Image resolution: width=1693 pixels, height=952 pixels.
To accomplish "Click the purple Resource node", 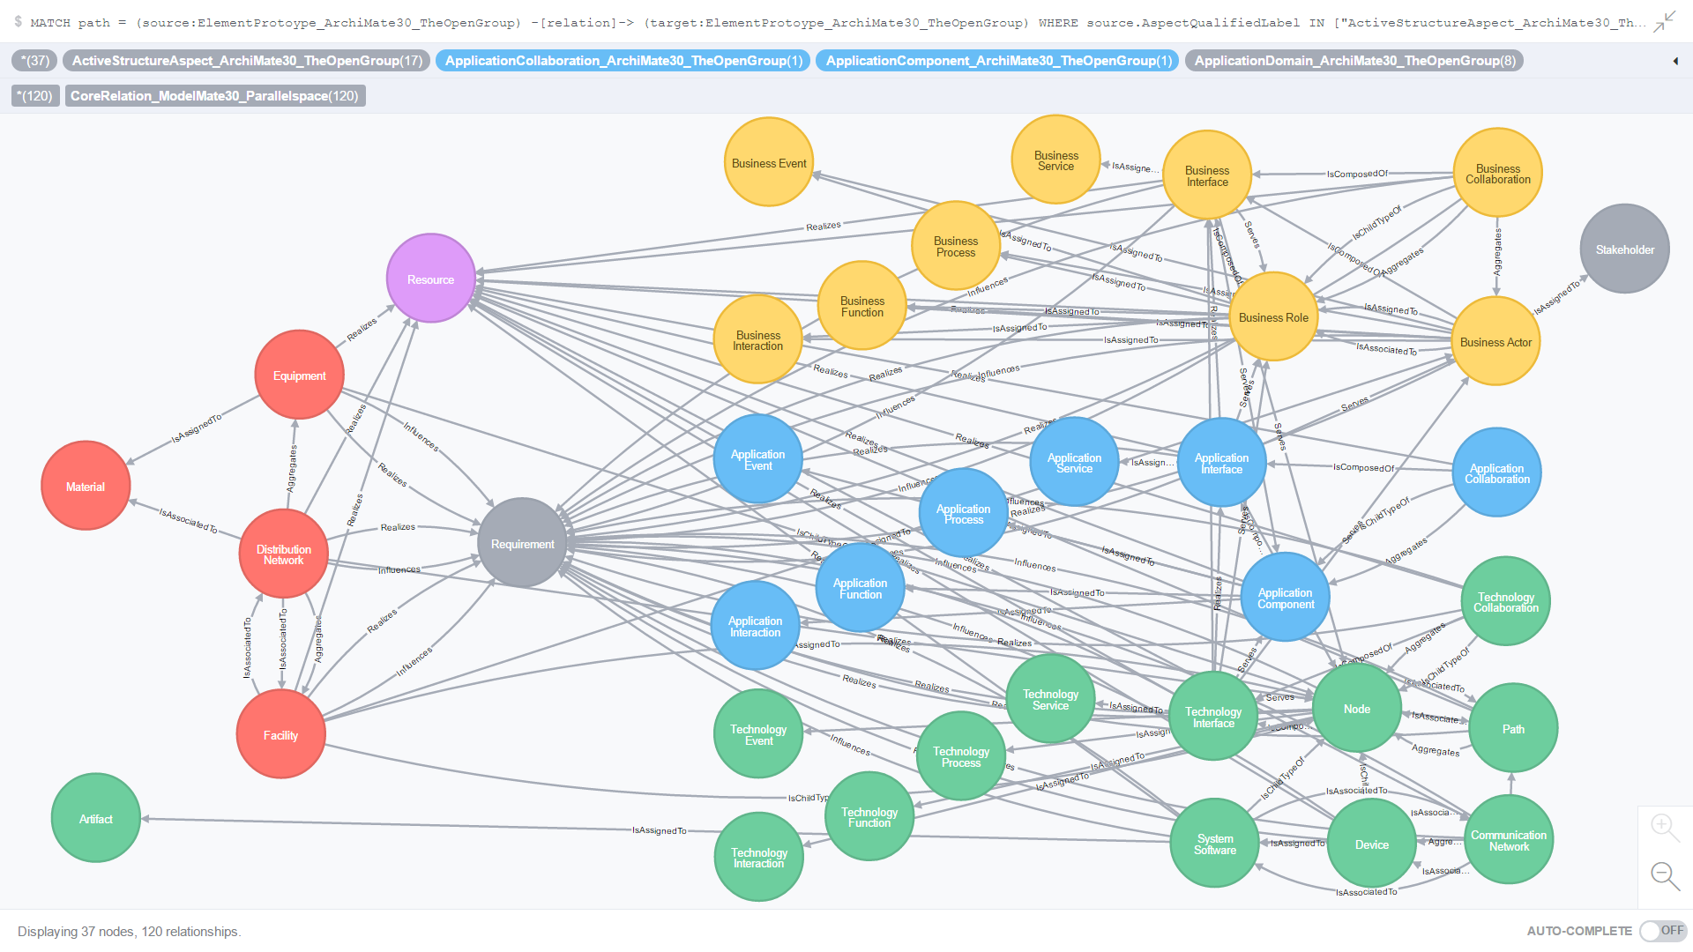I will coord(430,279).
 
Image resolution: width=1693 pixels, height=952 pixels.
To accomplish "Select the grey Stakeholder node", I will coord(1624,249).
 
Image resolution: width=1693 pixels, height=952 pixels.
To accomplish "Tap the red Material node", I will coord(86,486).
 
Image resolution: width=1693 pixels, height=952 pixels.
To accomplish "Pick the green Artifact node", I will coord(96,818).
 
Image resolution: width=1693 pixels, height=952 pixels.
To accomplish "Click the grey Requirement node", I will coord(522,543).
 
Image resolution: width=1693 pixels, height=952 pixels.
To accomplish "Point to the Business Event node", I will coord(768,163).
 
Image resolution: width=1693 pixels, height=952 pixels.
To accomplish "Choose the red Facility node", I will coord(280,734).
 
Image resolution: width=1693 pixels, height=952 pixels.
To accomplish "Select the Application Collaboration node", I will coord(1496,472).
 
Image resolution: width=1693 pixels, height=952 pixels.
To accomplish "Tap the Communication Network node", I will coord(1508,839).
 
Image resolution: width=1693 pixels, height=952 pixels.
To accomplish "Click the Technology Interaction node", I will coord(758,857).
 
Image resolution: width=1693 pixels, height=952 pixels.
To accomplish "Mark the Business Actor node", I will coord(1495,341).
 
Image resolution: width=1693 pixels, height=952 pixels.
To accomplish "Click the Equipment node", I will coord(299,376).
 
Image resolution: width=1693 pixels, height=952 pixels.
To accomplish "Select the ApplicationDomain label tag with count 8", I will coord(1354,61).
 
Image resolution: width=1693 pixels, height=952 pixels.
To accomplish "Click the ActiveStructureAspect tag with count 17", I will coord(246,61).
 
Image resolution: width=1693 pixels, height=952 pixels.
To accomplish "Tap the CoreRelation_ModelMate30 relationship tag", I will coord(214,96).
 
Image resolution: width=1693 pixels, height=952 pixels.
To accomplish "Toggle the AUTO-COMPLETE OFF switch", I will coord(1662,931).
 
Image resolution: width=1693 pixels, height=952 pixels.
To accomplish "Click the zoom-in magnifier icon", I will coord(1663,827).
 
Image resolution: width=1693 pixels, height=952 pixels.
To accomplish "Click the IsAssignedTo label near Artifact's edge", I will coord(659,830).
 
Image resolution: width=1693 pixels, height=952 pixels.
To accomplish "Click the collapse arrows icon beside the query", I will coord(1664,21).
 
